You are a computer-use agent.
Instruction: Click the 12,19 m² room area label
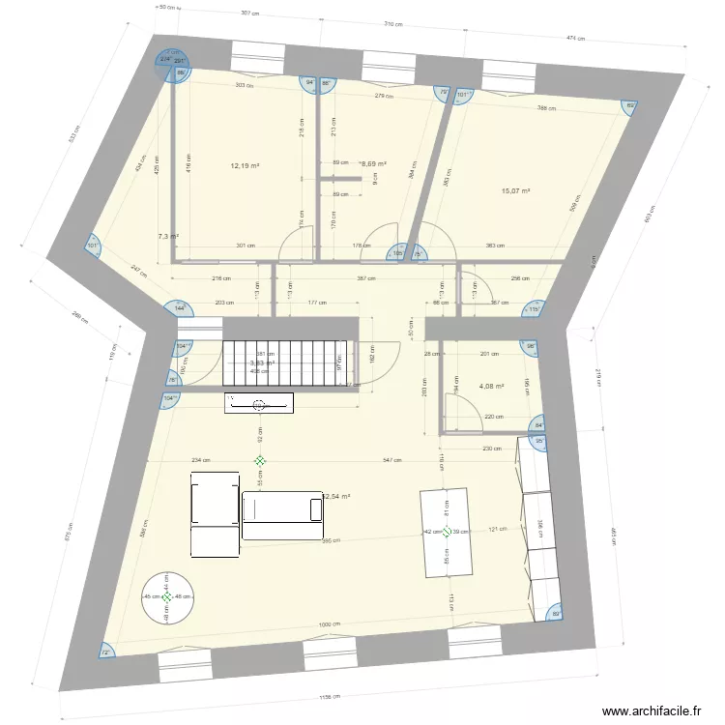[245, 165]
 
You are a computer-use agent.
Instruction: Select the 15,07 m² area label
[515, 191]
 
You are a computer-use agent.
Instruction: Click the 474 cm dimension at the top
[576, 39]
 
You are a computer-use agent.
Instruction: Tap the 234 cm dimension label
[201, 460]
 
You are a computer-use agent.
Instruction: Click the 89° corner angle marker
[555, 614]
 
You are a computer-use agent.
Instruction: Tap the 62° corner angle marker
[630, 106]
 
